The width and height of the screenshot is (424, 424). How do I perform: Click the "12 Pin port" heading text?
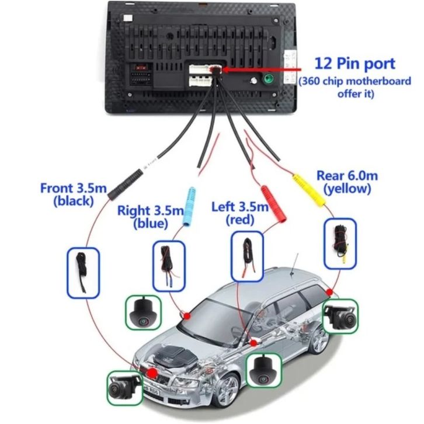tap(355, 62)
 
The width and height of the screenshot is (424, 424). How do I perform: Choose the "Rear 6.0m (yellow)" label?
tap(346, 182)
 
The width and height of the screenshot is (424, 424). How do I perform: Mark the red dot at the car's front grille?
tap(152, 373)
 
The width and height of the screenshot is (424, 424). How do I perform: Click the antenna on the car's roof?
tap(298, 261)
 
